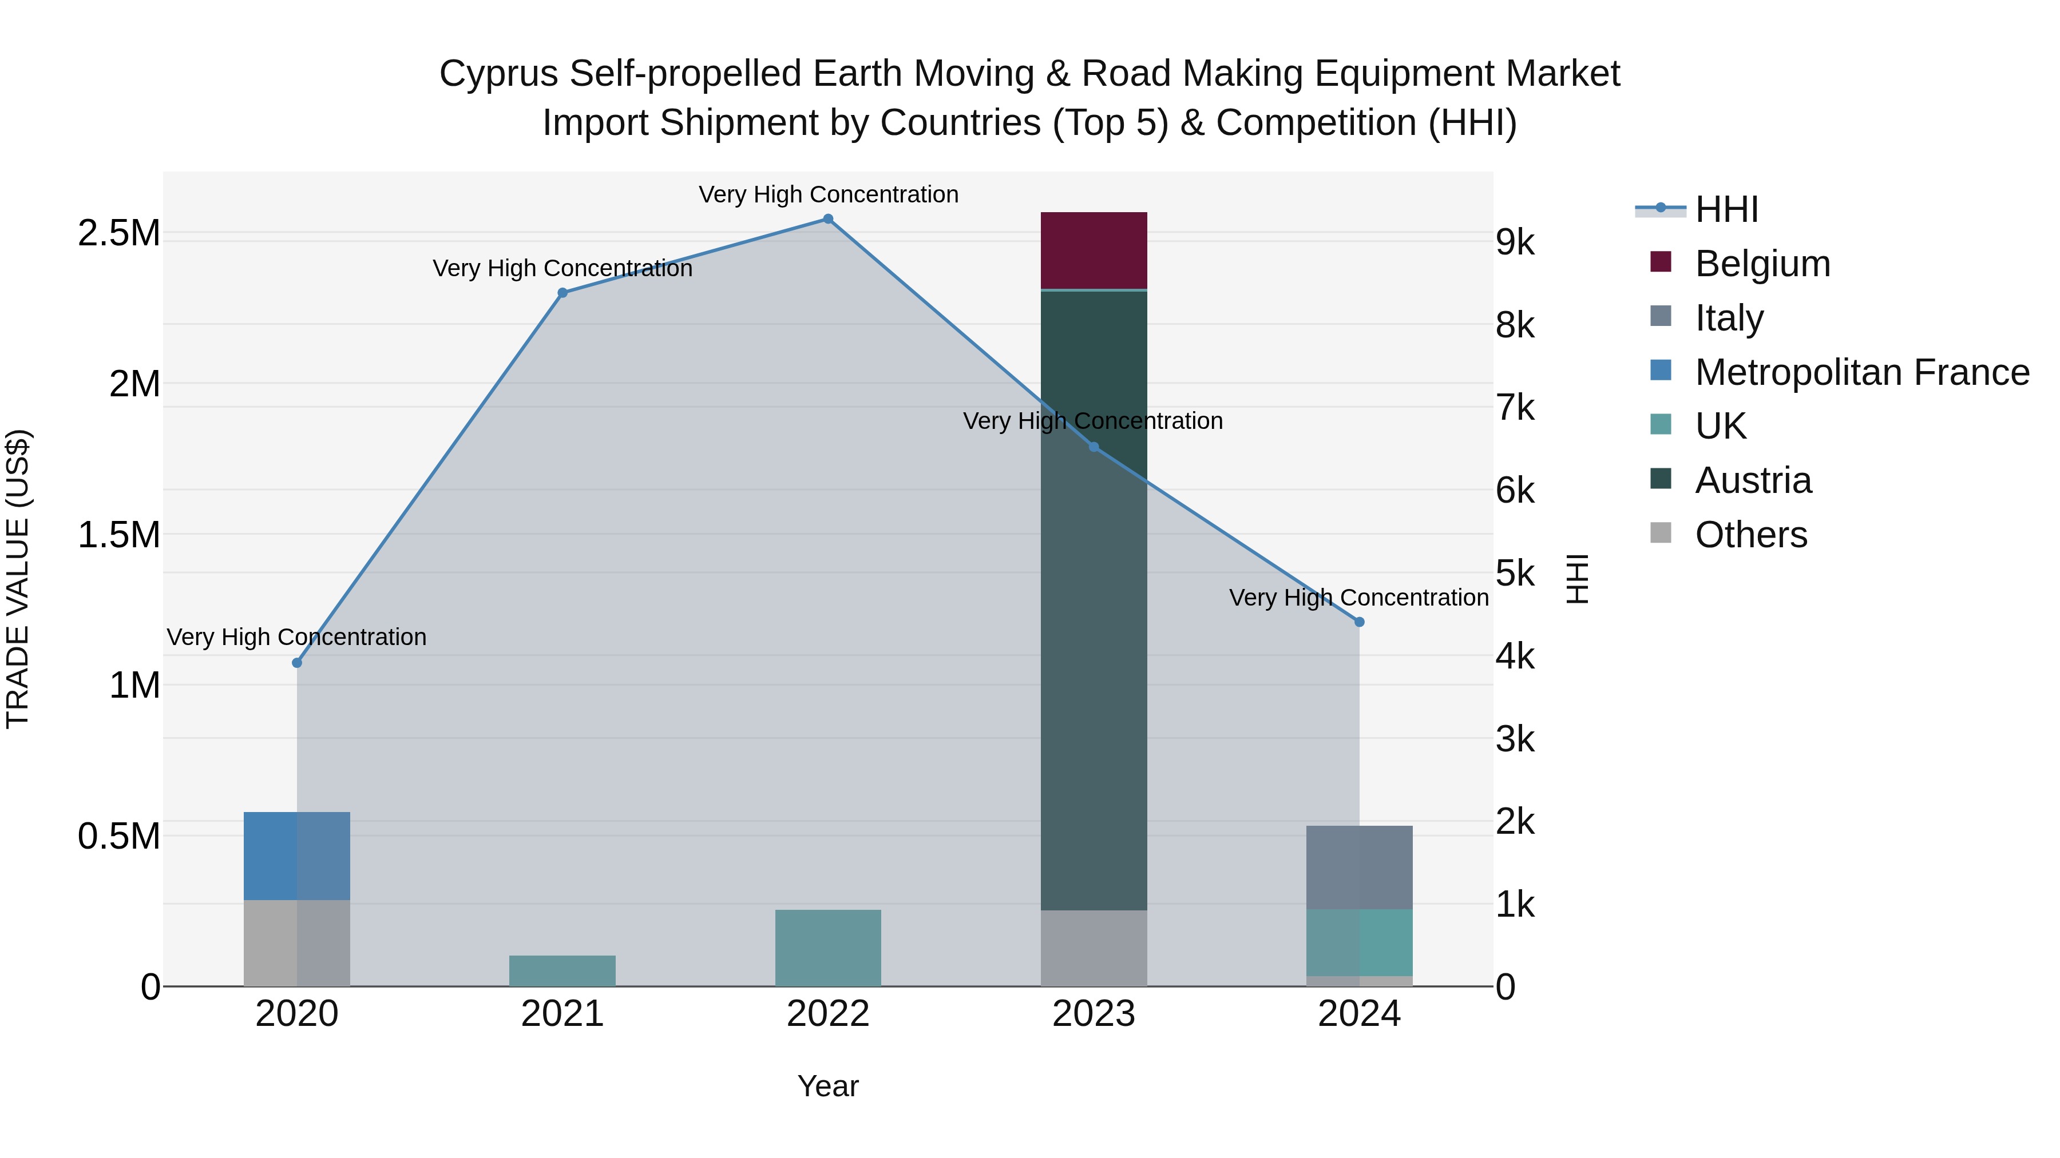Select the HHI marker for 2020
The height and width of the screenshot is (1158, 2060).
296,663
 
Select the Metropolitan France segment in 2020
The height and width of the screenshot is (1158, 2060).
296,856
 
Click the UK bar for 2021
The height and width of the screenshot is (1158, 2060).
562,970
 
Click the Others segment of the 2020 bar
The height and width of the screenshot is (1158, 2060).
296,943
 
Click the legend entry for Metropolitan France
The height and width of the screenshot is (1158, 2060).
1861,372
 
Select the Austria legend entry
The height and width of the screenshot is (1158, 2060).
1752,480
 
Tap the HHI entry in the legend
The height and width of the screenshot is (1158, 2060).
1726,209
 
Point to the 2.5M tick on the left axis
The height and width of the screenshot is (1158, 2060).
118,233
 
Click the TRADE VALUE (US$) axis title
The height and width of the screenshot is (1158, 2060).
18,579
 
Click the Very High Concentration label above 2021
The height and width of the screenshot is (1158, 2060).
562,269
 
